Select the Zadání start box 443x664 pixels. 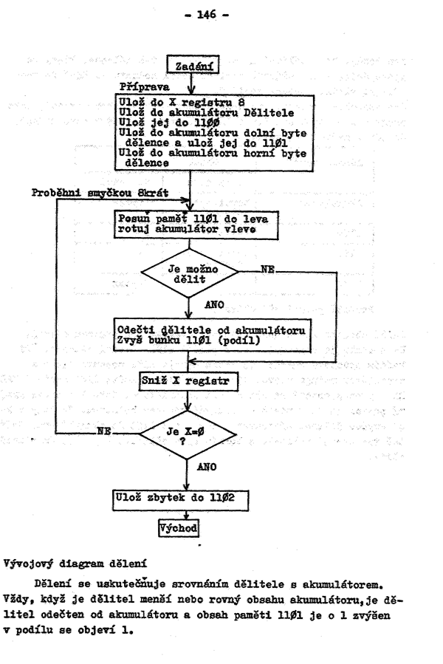190,66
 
